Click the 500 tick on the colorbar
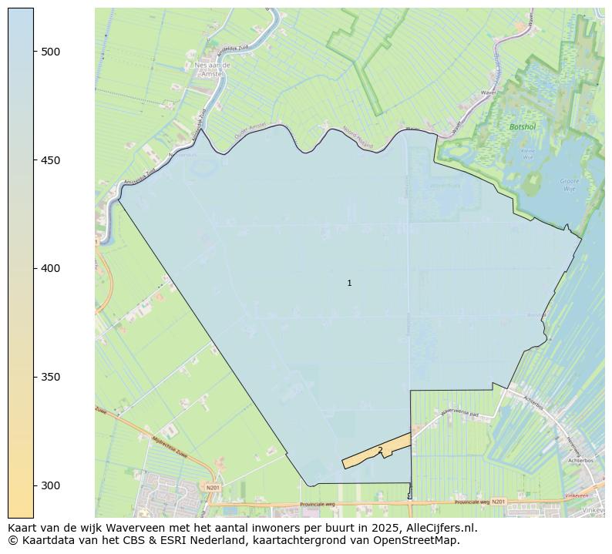50,52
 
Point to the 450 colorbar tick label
50,160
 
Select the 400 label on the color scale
50,268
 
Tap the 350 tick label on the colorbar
50,377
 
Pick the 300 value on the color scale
50,485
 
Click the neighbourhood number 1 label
349,284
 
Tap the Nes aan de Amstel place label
212,70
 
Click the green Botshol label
522,126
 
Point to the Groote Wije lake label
569,184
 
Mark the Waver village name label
487,92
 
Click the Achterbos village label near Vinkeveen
580,459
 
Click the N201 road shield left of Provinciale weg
213,487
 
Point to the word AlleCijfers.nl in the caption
439,528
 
